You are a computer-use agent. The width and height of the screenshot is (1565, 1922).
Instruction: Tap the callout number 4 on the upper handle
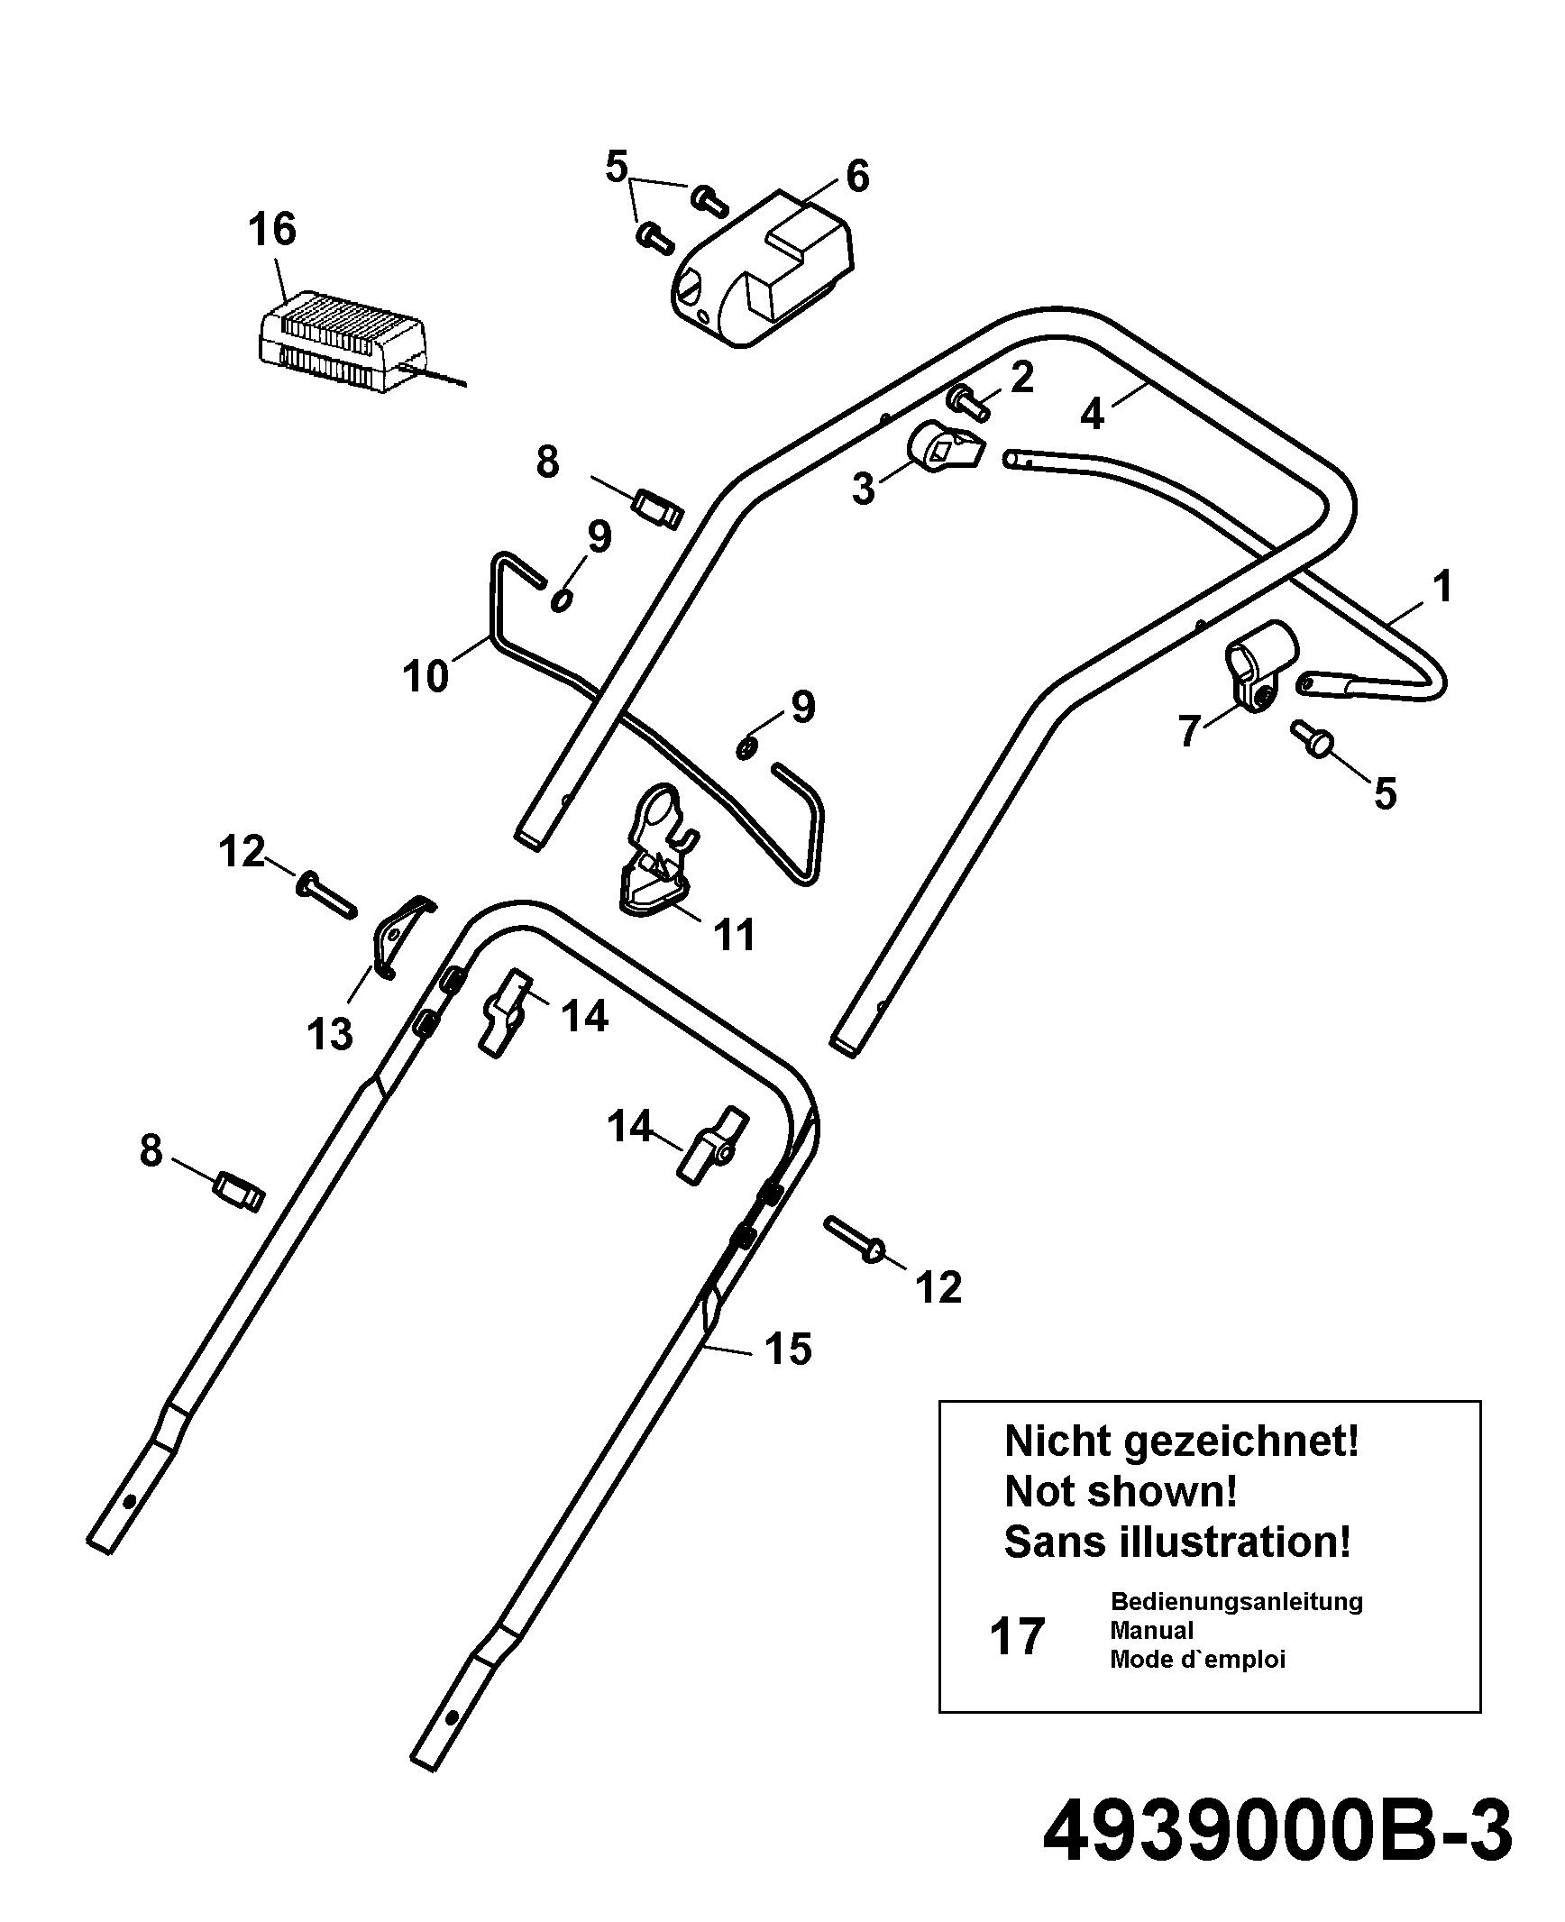coord(1092,414)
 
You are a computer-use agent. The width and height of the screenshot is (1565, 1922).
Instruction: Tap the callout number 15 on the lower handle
coord(788,1350)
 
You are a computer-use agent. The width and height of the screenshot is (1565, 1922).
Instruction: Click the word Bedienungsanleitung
coord(1236,1602)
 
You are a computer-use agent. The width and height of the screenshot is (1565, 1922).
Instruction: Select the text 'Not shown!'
coord(1121,1491)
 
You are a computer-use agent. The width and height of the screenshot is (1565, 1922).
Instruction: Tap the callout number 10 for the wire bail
coord(426,675)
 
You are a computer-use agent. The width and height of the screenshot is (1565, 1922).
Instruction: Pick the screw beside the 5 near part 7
coord(1313,738)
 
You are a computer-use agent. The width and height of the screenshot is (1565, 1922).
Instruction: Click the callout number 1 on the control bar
coord(1443,587)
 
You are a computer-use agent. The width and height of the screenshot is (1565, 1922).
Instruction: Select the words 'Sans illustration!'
coord(1178,1542)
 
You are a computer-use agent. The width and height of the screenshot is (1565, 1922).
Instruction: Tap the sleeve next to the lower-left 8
coord(239,1192)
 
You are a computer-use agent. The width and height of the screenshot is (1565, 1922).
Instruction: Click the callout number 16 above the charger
coord(272,229)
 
